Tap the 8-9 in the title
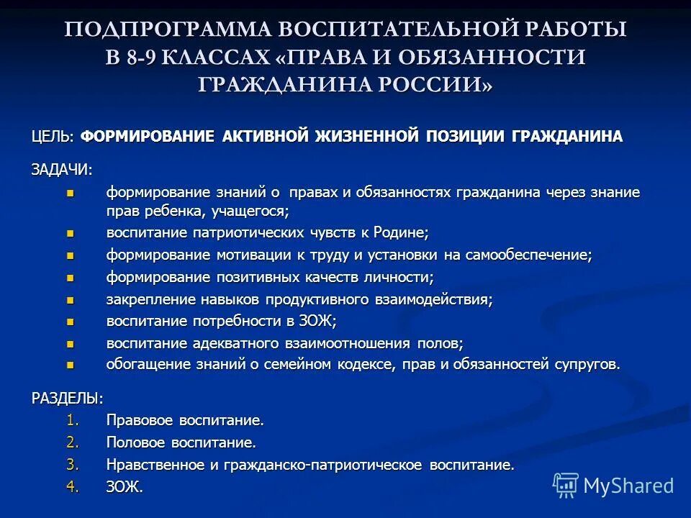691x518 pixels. tap(143, 57)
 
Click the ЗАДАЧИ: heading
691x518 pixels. tap(61, 169)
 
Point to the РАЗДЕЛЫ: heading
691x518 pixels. tap(67, 397)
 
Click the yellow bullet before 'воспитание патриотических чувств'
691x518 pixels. tap(70, 233)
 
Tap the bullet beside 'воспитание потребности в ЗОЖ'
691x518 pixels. tap(70, 321)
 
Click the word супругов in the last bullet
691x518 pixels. tap(585, 365)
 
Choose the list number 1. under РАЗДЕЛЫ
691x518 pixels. tap(73, 419)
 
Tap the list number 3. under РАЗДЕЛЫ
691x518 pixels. tap(73, 465)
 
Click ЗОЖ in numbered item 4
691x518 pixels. tap(124, 487)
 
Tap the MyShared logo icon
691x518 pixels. tap(566, 485)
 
